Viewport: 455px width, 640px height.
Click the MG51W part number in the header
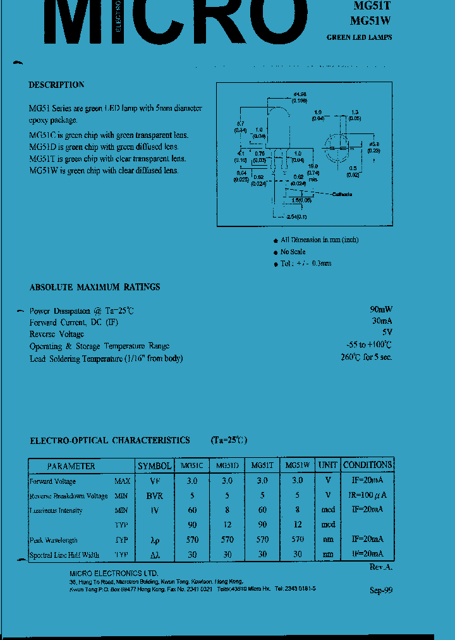[371, 20]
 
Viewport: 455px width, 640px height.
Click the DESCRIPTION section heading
[56, 85]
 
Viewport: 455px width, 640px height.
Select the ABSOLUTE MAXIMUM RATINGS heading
[95, 287]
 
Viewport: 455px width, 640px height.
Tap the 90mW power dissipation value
[380, 310]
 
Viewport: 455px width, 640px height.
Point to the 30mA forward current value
[380, 321]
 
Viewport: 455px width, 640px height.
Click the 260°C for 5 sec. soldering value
[366, 357]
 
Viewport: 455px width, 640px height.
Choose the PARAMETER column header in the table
[71, 466]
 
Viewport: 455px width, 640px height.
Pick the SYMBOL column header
[154, 466]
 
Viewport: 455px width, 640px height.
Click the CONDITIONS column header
[367, 465]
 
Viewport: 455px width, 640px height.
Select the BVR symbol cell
[154, 496]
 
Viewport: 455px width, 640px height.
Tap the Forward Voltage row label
[52, 481]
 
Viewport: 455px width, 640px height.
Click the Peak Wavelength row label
[54, 540]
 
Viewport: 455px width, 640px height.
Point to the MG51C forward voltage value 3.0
[192, 481]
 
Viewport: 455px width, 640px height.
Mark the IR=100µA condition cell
[367, 496]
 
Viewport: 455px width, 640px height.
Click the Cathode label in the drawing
[342, 194]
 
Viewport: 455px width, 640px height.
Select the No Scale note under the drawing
[293, 252]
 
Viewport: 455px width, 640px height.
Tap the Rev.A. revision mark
[381, 567]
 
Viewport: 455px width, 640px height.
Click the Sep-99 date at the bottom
[381, 589]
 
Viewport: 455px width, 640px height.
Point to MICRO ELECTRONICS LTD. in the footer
[105, 573]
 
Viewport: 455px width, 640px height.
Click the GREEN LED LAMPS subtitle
[359, 37]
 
